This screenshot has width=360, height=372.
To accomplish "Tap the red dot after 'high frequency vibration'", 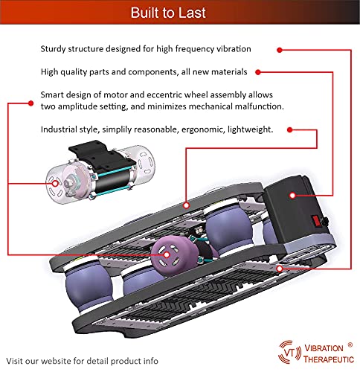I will point(280,49).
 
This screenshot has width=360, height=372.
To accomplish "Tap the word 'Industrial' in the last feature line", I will point(63,129).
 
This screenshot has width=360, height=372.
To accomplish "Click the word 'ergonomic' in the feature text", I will point(200,129).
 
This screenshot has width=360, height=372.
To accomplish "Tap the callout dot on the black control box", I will point(292,195).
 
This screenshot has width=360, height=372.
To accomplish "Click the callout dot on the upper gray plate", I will point(184,202).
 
